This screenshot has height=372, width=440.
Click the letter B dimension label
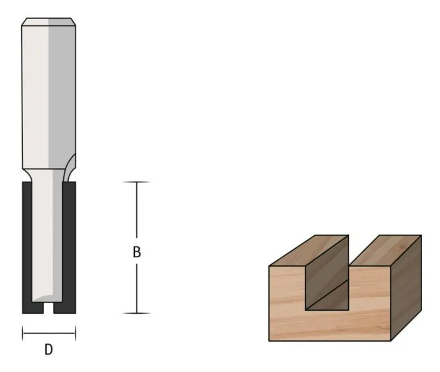pos(137,252)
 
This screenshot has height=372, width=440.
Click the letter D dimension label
pos(48,350)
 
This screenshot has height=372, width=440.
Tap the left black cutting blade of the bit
pos(27,247)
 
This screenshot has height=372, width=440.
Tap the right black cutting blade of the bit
pos(69,247)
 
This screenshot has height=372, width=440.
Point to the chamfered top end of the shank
pos(48,22)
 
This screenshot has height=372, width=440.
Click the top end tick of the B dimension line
pos(137,182)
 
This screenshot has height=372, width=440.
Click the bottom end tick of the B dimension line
pos(137,313)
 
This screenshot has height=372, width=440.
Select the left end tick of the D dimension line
pos(23,334)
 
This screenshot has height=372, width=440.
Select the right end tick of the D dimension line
pos(76,334)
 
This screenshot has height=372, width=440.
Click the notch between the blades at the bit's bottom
pos(48,308)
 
